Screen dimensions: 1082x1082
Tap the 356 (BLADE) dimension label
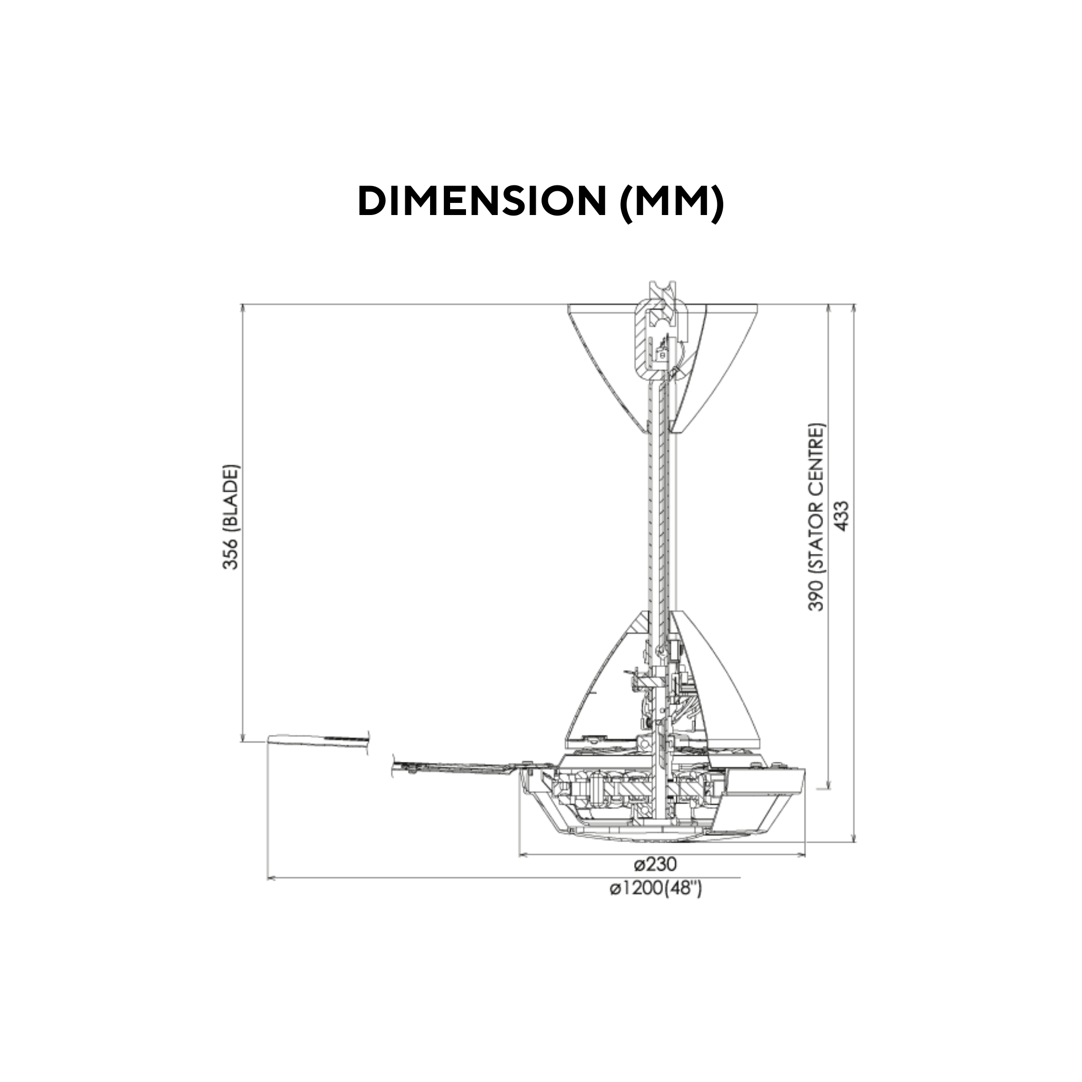click(x=230, y=516)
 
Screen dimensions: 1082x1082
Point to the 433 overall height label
click(x=842, y=516)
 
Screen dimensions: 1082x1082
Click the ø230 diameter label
click(x=655, y=864)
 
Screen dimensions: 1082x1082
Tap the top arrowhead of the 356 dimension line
click(x=243, y=308)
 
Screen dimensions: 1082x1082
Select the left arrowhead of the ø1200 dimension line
click(x=271, y=878)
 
